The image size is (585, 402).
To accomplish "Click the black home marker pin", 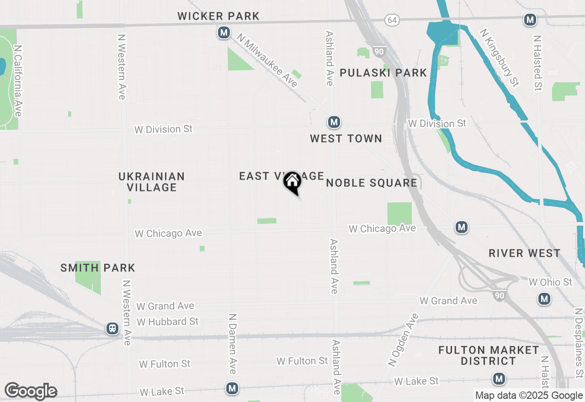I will pyautogui.click(x=292, y=182).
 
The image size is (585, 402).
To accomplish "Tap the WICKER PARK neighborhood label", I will pyautogui.click(x=218, y=16).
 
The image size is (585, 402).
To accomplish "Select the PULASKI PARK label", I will pyautogui.click(x=383, y=73).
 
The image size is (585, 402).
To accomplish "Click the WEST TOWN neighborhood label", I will pyautogui.click(x=346, y=138).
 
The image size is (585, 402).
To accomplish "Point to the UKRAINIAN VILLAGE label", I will pyautogui.click(x=152, y=182).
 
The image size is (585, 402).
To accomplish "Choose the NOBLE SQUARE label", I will pyautogui.click(x=371, y=183).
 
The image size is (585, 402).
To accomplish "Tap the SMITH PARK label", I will pyautogui.click(x=98, y=268).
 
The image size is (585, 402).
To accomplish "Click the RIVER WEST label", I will pyautogui.click(x=524, y=254).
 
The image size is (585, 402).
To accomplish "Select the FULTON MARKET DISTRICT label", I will pyautogui.click(x=489, y=355).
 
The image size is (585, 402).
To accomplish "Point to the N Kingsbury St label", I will pyautogui.click(x=500, y=58).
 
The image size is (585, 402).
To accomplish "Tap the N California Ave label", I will pyautogui.click(x=18, y=80).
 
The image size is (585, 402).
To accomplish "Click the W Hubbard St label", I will pyautogui.click(x=168, y=322).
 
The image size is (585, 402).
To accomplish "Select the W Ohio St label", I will pyautogui.click(x=550, y=282).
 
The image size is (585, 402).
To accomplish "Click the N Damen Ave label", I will pyautogui.click(x=233, y=343).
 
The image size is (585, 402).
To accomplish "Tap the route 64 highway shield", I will pyautogui.click(x=391, y=20).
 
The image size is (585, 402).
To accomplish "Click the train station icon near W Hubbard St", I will pyautogui.click(x=112, y=328).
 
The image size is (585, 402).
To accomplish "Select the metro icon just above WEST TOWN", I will pyautogui.click(x=334, y=122).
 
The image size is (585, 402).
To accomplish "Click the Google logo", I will pyautogui.click(x=31, y=391).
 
